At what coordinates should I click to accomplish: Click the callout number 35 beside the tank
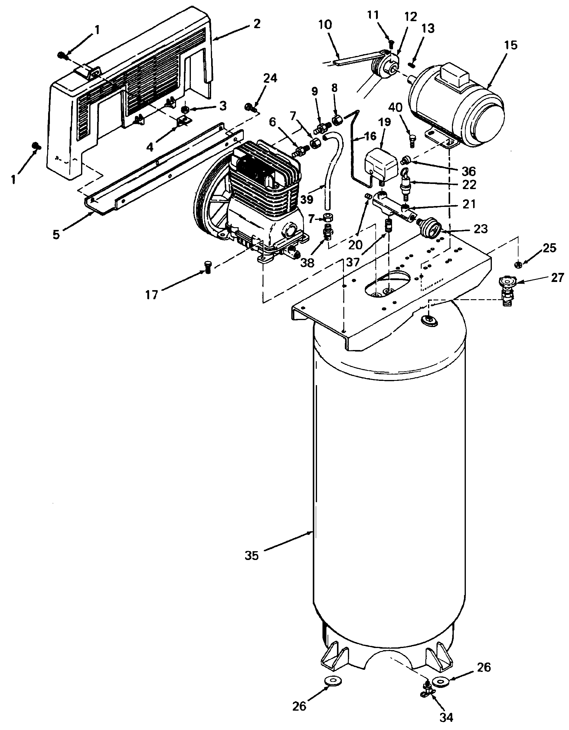(x=251, y=555)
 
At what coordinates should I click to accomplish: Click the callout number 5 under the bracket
(x=56, y=234)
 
